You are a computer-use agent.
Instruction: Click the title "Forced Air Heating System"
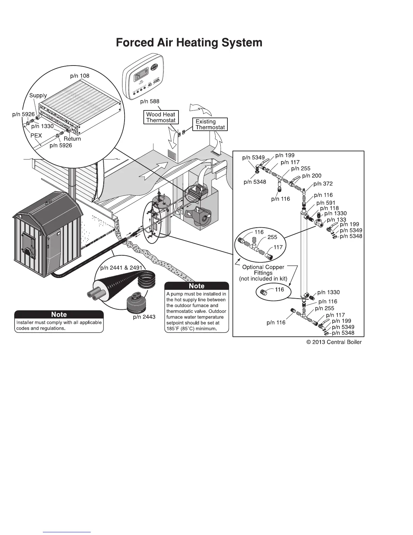[189, 43]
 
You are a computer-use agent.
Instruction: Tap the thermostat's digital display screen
[141, 78]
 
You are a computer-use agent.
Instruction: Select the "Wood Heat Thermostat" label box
[161, 117]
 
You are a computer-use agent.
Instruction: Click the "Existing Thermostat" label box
[210, 124]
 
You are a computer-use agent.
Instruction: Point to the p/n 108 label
[80, 76]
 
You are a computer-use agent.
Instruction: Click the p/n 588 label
[149, 101]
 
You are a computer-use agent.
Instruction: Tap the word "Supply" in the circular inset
[38, 96]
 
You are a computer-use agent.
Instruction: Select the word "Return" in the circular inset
[72, 138]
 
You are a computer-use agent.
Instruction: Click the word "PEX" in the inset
[36, 135]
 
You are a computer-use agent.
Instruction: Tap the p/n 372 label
[323, 184]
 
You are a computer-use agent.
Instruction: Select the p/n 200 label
[312, 176]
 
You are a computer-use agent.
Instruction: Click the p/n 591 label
[326, 203]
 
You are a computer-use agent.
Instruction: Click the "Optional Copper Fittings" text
[263, 270]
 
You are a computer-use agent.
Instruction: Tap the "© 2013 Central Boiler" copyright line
[334, 342]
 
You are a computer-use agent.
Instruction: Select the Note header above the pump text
[197, 286]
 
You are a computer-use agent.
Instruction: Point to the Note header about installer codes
[59, 314]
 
